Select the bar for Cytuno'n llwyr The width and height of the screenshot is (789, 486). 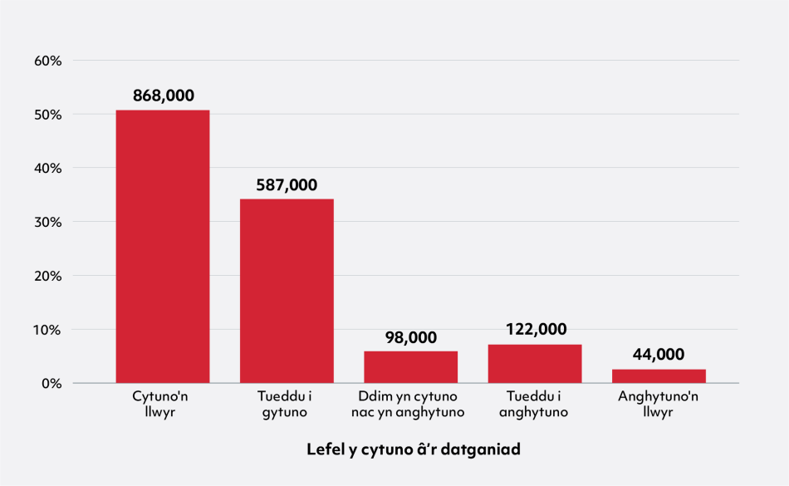(x=163, y=247)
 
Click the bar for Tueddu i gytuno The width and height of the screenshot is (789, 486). (x=287, y=291)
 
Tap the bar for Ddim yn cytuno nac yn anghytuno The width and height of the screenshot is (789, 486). (x=410, y=367)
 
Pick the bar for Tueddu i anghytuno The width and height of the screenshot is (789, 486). (x=535, y=364)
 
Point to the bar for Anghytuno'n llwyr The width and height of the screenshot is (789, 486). (x=659, y=376)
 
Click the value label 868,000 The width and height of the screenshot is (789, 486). (x=163, y=96)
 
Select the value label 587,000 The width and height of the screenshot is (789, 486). (x=287, y=184)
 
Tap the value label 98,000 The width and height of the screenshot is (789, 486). (x=410, y=337)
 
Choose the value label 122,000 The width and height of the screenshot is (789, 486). (x=535, y=330)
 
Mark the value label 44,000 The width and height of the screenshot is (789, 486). (x=659, y=355)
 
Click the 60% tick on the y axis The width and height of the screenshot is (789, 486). (x=48, y=61)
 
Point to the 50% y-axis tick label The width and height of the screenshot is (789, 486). (x=48, y=115)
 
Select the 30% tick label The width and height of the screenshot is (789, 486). (x=48, y=222)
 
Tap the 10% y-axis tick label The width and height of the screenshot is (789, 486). (x=48, y=330)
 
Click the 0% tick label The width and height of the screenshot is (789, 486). (x=51, y=384)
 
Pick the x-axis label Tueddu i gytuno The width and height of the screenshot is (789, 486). (x=287, y=404)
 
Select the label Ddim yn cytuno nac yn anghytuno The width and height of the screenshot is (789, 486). (x=410, y=404)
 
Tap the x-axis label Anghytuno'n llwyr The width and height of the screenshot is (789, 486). (x=659, y=404)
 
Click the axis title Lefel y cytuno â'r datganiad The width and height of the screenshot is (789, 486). (x=413, y=449)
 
